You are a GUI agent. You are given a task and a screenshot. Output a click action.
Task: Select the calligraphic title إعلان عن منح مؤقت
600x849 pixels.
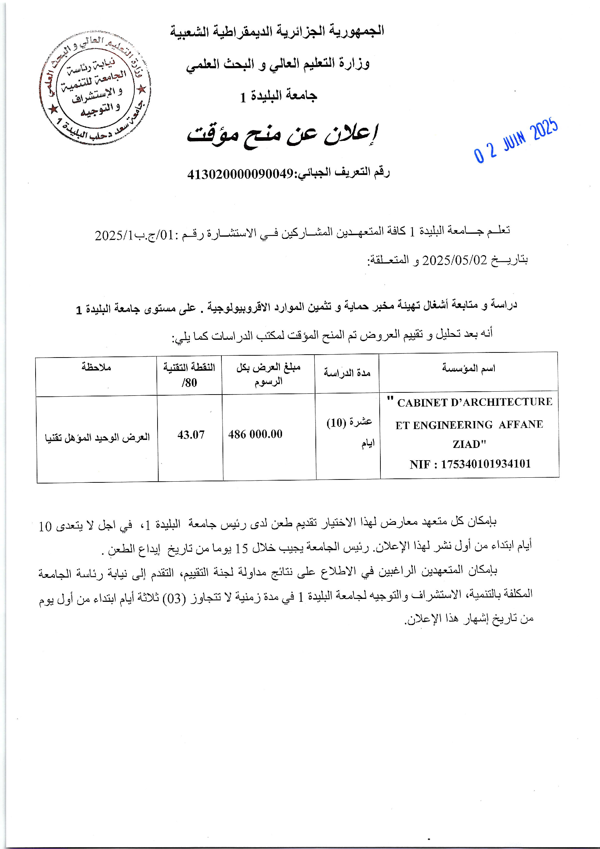(x=283, y=135)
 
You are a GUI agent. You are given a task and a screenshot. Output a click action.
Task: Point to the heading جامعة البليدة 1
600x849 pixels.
(x=278, y=97)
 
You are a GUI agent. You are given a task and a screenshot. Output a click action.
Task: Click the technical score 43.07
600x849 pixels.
(x=191, y=435)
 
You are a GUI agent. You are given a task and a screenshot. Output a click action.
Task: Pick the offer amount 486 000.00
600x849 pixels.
(x=255, y=434)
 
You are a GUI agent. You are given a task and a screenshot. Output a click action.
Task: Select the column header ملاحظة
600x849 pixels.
(x=96, y=367)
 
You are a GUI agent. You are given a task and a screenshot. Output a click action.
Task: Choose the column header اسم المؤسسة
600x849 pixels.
(x=468, y=368)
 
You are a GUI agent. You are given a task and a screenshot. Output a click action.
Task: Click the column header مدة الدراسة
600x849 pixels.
(x=347, y=373)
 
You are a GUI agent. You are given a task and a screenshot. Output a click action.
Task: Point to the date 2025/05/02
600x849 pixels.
(x=455, y=260)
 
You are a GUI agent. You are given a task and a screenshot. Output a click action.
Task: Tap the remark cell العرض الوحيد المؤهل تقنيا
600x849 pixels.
(x=97, y=437)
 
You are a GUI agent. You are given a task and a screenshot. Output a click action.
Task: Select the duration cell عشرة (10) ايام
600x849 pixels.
(x=349, y=432)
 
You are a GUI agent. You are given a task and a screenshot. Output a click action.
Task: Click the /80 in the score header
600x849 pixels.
(x=189, y=383)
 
